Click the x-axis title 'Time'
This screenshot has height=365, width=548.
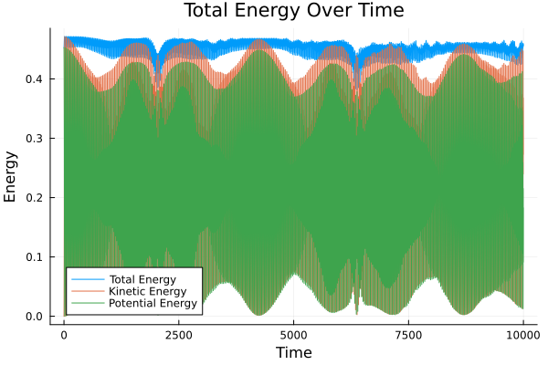pos(294,352)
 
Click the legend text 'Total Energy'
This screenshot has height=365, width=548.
pos(142,278)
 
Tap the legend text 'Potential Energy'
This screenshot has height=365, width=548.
pos(153,303)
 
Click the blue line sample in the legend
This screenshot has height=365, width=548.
pos(86,278)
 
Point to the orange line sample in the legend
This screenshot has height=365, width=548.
pos(86,290)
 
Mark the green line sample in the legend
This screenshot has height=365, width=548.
pos(86,303)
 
